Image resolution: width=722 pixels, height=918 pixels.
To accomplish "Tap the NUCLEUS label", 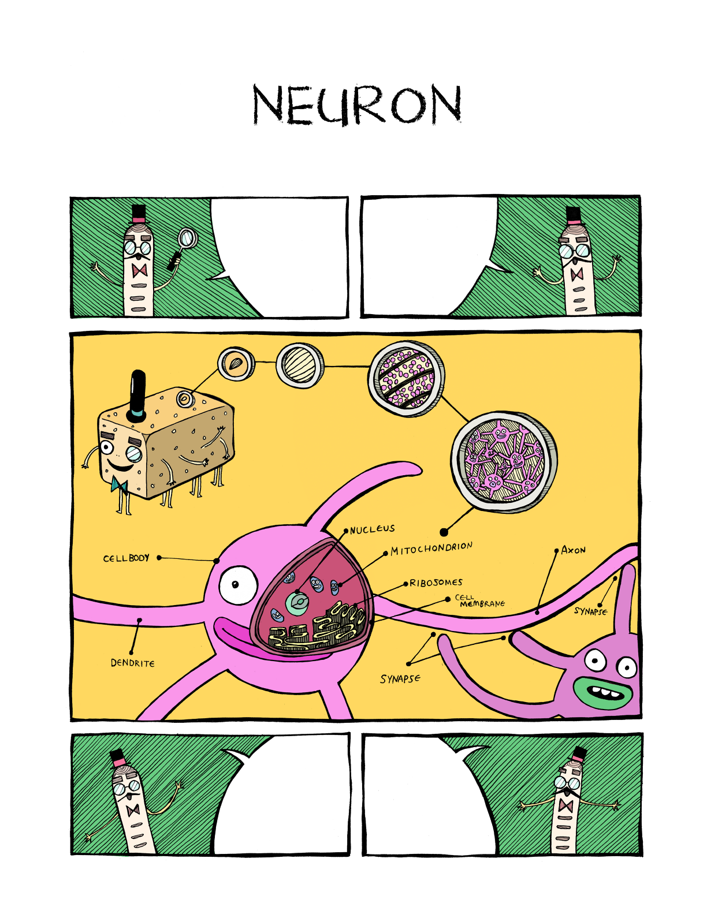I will [373, 529].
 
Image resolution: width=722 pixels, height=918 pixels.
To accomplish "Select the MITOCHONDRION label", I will [431, 548].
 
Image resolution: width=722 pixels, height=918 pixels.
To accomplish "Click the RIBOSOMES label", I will [436, 583].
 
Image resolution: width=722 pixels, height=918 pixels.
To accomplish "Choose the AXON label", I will [573, 550].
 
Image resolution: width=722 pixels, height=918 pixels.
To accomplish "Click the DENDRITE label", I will [133, 663].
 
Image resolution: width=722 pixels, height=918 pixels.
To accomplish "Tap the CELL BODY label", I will [126, 558].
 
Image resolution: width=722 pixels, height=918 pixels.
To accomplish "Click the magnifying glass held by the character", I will [187, 238].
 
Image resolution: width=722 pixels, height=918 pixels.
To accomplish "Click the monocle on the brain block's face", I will [134, 454].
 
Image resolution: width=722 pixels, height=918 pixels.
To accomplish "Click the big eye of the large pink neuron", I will [237, 585].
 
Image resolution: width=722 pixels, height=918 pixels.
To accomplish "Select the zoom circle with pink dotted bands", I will [406, 378].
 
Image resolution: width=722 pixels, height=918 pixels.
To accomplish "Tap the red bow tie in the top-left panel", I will [140, 271].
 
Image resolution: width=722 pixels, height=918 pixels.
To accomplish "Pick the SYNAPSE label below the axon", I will [400, 679].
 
